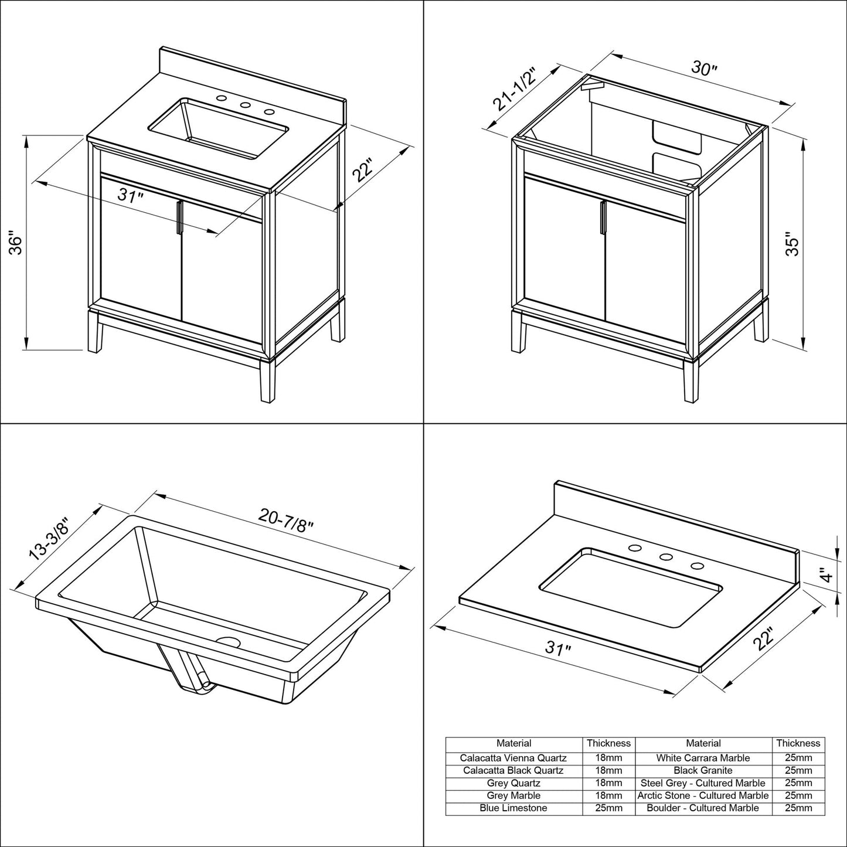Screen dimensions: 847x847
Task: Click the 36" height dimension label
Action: point(16,244)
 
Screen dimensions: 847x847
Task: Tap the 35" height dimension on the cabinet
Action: point(792,245)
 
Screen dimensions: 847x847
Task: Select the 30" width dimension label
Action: point(703,69)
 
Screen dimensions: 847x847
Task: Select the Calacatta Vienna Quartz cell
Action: point(513,758)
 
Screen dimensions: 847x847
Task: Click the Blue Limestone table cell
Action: point(513,808)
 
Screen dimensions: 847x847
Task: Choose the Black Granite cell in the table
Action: point(703,770)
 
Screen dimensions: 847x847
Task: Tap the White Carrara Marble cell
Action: point(703,758)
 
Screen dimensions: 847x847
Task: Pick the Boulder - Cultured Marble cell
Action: point(703,808)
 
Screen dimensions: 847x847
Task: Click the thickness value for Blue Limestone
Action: point(608,808)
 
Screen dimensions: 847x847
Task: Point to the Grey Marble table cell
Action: point(513,795)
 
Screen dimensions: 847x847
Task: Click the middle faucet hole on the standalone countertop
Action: point(665,557)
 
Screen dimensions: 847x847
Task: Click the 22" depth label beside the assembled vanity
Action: point(363,172)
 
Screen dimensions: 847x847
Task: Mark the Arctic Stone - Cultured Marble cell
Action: point(703,795)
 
